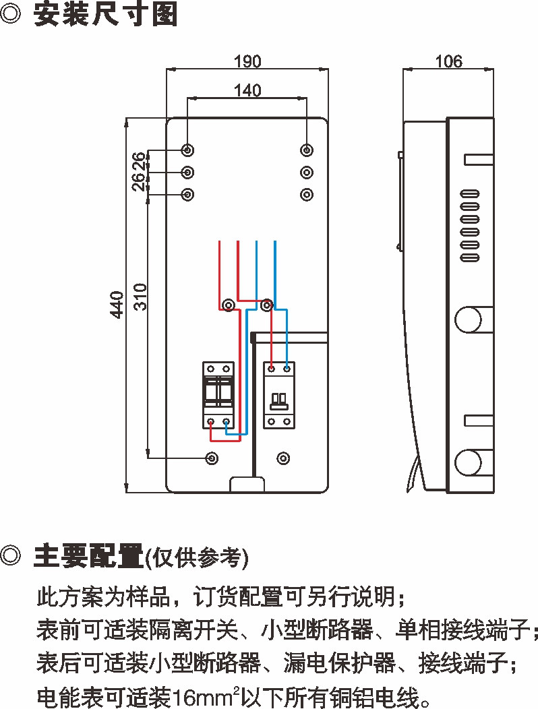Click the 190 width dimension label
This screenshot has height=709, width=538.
[x=247, y=61]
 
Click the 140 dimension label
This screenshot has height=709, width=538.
[x=247, y=90]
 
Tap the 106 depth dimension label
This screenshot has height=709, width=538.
[x=448, y=61]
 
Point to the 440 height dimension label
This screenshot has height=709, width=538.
[x=117, y=305]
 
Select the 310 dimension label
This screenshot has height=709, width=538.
[x=140, y=297]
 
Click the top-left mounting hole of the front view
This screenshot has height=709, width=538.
[x=188, y=150]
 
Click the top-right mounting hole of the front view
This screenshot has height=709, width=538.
[x=307, y=150]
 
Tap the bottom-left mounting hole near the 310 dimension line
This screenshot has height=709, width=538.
[x=212, y=458]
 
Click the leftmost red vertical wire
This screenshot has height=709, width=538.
[x=220, y=270]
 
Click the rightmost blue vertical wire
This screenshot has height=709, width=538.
[x=275, y=270]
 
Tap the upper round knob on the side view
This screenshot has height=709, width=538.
[x=468, y=319]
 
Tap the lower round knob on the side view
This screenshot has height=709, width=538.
[x=468, y=463]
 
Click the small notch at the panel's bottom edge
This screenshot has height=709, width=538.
[x=247, y=484]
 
